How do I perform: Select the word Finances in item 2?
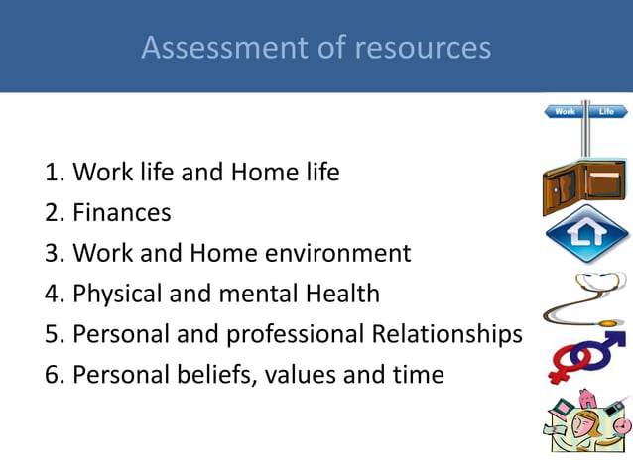click(x=122, y=212)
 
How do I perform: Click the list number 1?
click(x=53, y=173)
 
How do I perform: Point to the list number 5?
click(x=53, y=335)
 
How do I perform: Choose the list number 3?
click(x=53, y=254)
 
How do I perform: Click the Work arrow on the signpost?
click(x=564, y=112)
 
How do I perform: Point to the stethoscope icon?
click(x=586, y=296)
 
